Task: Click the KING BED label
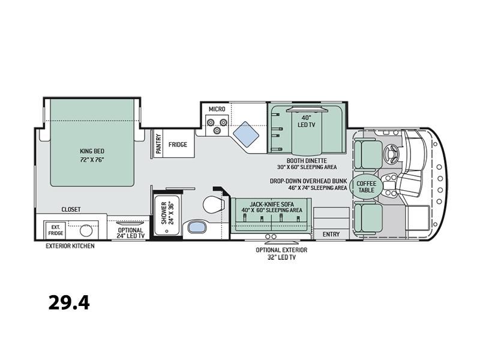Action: click(92, 151)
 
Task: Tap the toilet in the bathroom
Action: click(213, 204)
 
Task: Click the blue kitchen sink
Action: click(246, 134)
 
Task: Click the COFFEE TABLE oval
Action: click(366, 187)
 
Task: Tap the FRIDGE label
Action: click(178, 145)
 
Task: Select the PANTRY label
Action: click(158, 143)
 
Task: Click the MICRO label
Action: click(217, 109)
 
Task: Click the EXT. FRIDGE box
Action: click(55, 230)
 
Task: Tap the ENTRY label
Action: click(331, 234)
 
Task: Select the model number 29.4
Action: click(69, 302)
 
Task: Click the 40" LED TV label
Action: click(307, 122)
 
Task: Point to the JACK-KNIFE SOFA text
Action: click(272, 204)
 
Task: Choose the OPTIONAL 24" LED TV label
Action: click(130, 233)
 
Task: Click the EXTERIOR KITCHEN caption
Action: click(70, 246)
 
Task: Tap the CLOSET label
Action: click(71, 209)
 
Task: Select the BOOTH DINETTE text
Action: click(307, 161)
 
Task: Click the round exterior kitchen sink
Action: click(86, 231)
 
